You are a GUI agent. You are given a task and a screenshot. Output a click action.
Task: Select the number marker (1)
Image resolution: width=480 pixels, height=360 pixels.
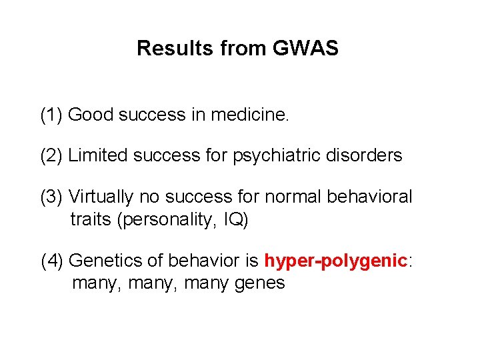[x=52, y=115]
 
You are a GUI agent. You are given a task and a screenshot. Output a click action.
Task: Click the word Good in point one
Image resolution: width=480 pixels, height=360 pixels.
[x=91, y=115]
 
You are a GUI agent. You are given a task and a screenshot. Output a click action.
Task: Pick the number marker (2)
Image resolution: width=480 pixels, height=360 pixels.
[x=52, y=156]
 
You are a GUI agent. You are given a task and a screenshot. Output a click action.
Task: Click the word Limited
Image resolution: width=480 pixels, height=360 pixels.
[x=99, y=156]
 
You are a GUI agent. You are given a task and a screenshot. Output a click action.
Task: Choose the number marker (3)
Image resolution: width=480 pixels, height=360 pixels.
[x=52, y=197]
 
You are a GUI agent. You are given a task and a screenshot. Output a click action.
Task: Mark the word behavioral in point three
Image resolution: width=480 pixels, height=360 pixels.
[x=373, y=197]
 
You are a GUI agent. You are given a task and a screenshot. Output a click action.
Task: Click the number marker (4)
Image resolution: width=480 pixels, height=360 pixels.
[x=52, y=261]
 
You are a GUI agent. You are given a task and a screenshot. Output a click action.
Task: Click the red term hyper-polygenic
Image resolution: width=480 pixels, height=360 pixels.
[x=335, y=261]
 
